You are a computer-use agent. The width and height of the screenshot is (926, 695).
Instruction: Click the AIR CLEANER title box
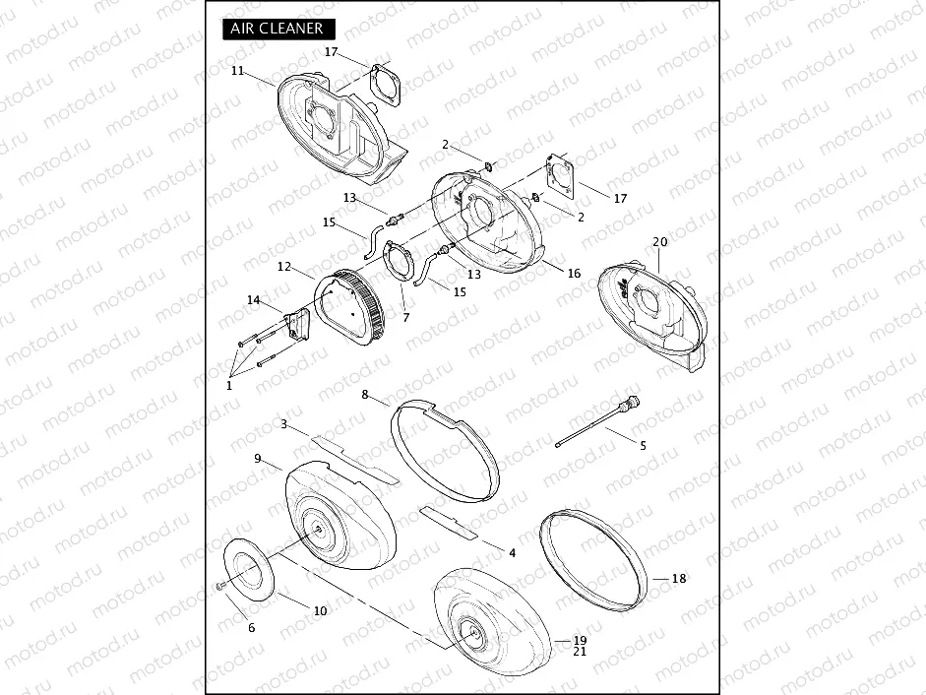click(278, 29)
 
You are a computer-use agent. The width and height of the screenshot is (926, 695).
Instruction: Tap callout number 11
click(237, 71)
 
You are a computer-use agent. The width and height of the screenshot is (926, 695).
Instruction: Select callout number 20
click(659, 242)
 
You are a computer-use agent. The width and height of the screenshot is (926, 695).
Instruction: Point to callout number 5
click(644, 446)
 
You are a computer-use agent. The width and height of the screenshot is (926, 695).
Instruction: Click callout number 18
click(679, 579)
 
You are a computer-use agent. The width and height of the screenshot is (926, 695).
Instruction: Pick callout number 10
click(320, 610)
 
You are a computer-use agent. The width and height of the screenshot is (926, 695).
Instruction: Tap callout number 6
click(252, 628)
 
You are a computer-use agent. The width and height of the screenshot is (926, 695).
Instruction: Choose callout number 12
click(284, 267)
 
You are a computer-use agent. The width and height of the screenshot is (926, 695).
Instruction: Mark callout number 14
click(253, 300)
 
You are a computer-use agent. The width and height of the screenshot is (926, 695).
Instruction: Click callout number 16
click(574, 273)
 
